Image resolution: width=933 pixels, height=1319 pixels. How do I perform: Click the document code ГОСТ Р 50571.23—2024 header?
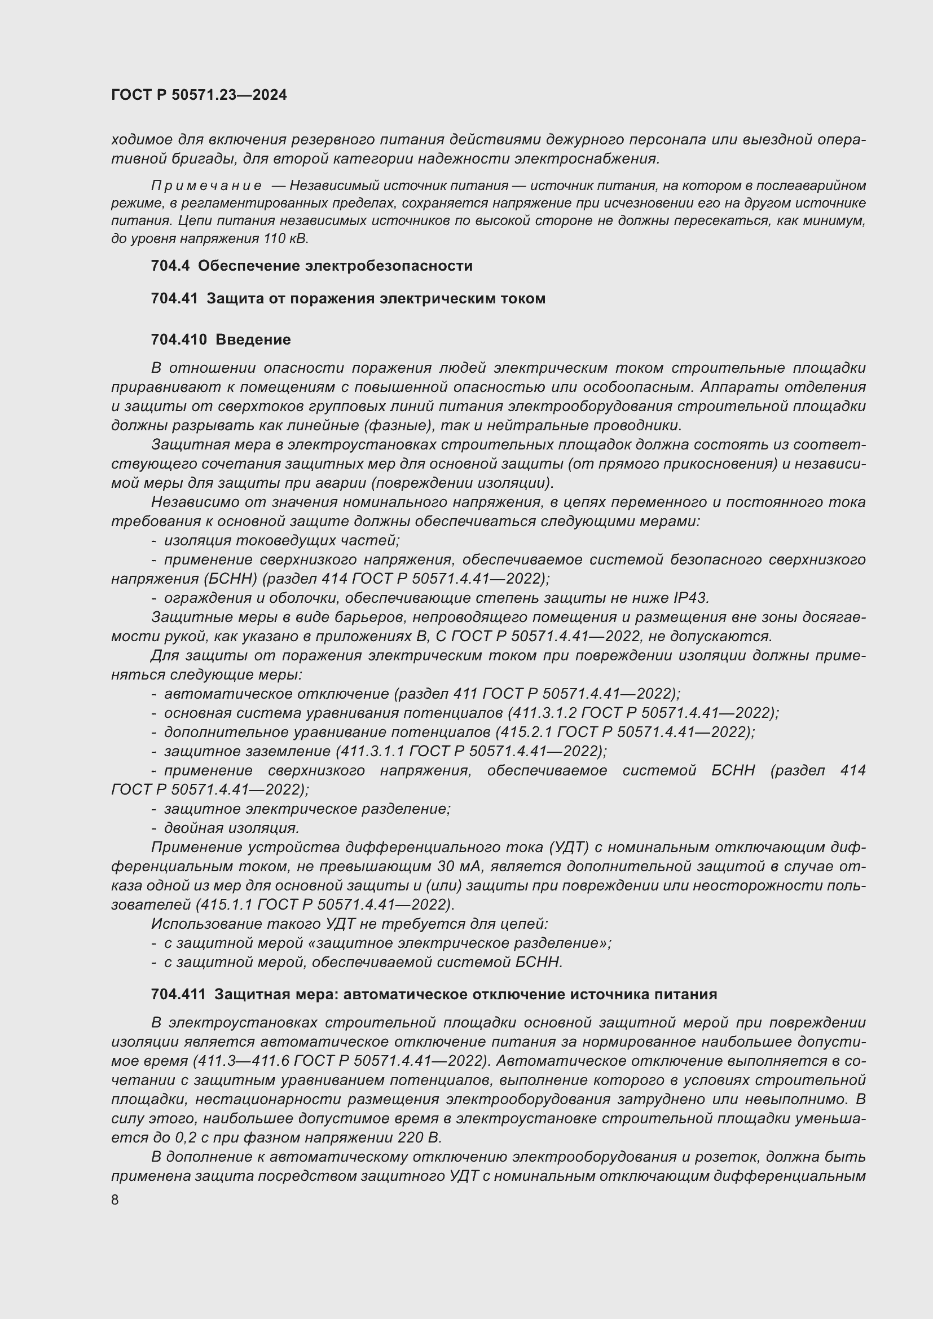click(x=199, y=95)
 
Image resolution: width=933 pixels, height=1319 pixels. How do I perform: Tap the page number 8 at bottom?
click(x=115, y=1199)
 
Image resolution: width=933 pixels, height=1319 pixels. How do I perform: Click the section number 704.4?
click(x=170, y=266)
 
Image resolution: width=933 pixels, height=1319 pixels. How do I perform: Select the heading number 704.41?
click(x=174, y=298)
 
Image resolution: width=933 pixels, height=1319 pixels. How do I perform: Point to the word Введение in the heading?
click(x=253, y=339)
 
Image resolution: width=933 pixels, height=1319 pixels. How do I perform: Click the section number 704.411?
click(x=178, y=994)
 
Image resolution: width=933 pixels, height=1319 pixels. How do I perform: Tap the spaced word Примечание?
click(x=206, y=186)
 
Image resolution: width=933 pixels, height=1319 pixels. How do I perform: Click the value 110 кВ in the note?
click(x=285, y=239)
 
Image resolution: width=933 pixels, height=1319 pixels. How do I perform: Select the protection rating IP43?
click(x=690, y=598)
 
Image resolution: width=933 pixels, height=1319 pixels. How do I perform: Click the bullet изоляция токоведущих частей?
click(x=281, y=541)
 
